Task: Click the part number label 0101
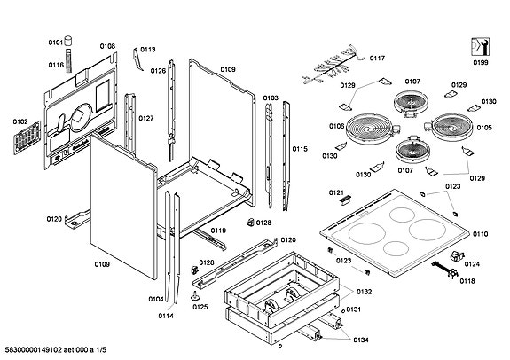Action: (56, 42)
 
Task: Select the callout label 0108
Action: (107, 46)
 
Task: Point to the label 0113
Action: (147, 50)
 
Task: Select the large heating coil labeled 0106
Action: (364, 131)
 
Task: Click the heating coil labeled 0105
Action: (450, 129)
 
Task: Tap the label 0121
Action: (335, 192)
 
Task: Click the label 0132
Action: (364, 292)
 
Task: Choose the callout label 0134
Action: (359, 340)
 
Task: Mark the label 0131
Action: (354, 309)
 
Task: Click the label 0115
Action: (300, 149)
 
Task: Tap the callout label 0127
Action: (146, 118)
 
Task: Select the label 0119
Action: (218, 231)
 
